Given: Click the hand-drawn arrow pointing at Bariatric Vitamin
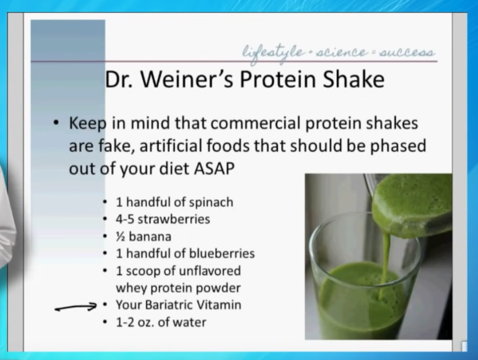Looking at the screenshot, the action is [75, 307].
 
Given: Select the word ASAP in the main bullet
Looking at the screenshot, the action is [214, 168].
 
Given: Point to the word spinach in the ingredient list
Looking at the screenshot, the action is [211, 202].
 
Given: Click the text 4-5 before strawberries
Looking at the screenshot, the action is [125, 219].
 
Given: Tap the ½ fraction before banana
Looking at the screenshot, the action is [121, 236].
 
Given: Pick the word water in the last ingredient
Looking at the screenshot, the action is [189, 322].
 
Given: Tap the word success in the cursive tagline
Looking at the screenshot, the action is [407, 53].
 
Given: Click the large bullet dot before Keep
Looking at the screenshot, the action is [56, 123].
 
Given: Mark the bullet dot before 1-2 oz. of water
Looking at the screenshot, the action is [105, 322].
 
